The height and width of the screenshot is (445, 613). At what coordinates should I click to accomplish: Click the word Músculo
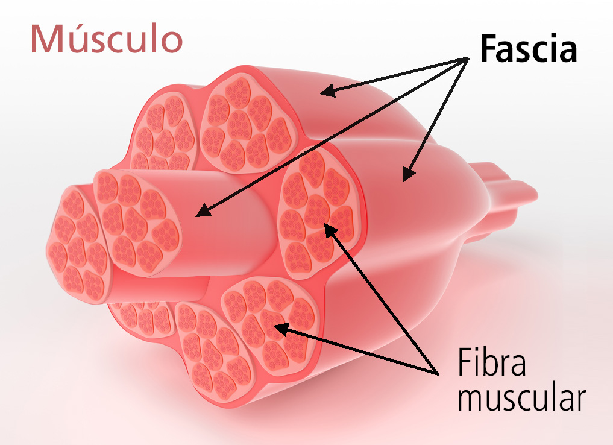point(106,39)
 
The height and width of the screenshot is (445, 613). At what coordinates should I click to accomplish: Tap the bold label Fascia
point(528,50)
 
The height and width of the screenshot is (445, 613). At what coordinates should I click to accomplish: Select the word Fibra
point(492,364)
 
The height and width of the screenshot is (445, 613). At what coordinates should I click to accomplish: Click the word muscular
point(521,399)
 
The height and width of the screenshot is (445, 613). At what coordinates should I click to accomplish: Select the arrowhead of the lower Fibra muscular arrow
point(278,327)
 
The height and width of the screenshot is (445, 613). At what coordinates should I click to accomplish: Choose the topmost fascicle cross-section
point(248,120)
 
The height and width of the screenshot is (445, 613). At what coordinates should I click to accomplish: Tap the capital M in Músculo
point(47,39)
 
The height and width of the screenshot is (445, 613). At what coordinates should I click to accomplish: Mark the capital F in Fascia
point(489,50)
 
